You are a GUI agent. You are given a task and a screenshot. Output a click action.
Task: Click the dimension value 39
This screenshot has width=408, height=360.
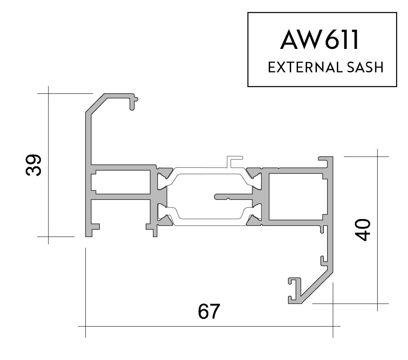tap(34, 165)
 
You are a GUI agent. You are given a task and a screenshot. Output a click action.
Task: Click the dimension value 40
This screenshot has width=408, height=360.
tap(363, 230)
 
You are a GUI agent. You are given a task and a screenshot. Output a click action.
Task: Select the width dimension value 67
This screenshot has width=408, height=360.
tap(209, 311)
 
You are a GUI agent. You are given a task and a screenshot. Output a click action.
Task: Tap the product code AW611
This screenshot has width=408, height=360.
tap(319, 39)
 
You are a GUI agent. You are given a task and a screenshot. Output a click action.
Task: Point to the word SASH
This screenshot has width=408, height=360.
tap(365, 67)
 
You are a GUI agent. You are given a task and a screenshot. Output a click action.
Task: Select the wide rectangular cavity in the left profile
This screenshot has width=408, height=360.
tap(121, 182)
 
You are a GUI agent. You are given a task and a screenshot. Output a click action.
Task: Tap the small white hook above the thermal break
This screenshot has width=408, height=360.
tap(234, 162)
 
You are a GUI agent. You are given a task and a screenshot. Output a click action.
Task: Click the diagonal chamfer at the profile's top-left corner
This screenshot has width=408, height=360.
tap(97, 103)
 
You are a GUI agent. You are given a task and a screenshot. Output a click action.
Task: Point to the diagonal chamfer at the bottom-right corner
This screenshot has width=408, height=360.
tap(316, 288)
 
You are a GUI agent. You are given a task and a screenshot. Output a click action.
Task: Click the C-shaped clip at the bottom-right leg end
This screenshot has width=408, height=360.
tap(294, 291)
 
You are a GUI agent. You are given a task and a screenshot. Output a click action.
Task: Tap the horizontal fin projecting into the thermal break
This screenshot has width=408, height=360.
tap(234, 196)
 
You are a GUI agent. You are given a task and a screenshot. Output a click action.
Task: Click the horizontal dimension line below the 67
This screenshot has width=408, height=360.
tap(209, 326)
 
